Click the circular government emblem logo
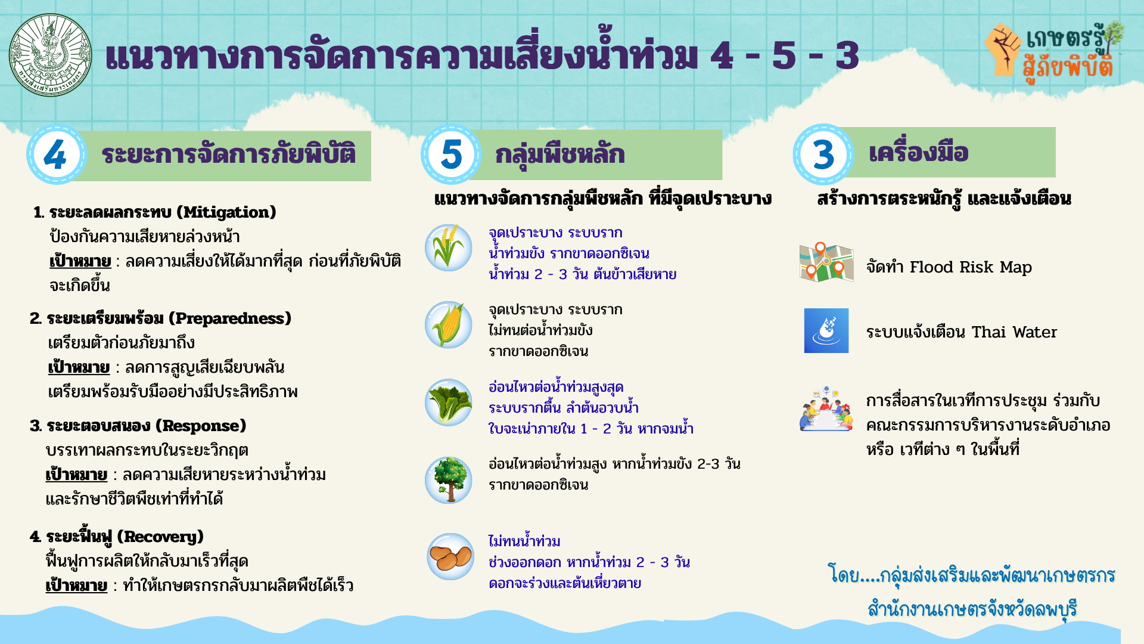[x=51, y=55]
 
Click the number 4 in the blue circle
[x=55, y=155]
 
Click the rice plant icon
[x=449, y=247]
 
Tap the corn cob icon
[x=449, y=324]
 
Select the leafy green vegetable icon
[x=449, y=402]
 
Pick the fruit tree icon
[x=449, y=479]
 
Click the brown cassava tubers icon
[x=450, y=557]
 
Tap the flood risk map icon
[x=826, y=262]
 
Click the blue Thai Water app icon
[x=826, y=331]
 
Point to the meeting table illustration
[x=826, y=409]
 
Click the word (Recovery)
[x=160, y=537]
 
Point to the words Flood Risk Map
[x=971, y=267]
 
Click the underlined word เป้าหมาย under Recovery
[x=76, y=586]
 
